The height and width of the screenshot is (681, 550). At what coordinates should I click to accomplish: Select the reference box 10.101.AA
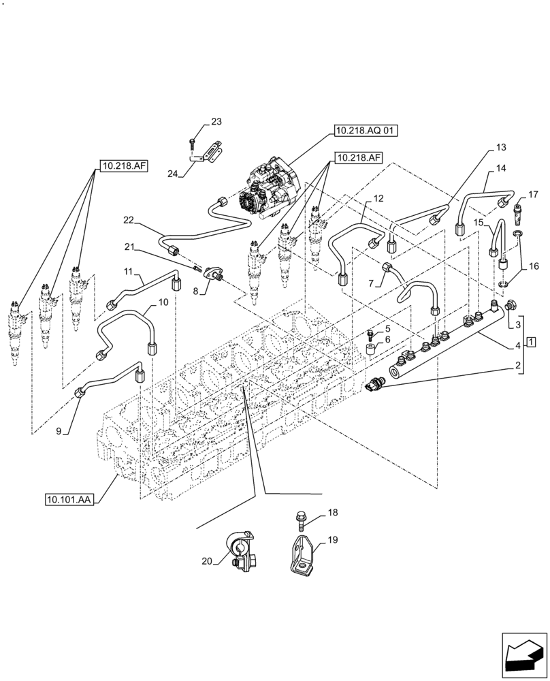pyautogui.click(x=69, y=499)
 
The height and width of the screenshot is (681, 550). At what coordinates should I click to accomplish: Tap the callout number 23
pyautogui.click(x=216, y=122)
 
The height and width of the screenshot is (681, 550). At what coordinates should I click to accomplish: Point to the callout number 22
pyautogui.click(x=129, y=220)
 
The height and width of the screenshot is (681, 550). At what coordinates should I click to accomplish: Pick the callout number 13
pyautogui.click(x=501, y=147)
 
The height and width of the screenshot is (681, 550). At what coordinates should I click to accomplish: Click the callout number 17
pyautogui.click(x=533, y=193)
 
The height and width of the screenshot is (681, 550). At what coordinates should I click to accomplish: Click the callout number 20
pyautogui.click(x=206, y=561)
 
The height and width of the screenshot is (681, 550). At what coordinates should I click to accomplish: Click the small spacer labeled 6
pyautogui.click(x=371, y=350)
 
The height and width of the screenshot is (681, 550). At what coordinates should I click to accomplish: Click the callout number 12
pyautogui.click(x=378, y=199)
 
